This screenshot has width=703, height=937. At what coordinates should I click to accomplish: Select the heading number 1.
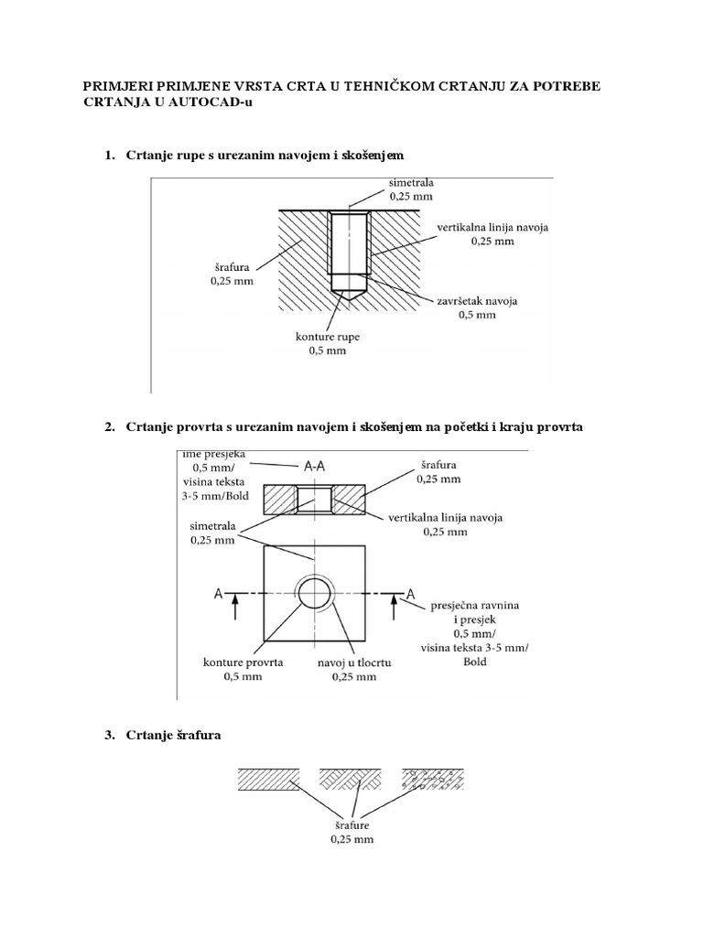110,156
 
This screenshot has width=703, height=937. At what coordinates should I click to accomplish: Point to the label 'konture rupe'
328,337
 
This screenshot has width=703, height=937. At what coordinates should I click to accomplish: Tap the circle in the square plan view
314,595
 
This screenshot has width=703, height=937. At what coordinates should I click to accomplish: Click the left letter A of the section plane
219,594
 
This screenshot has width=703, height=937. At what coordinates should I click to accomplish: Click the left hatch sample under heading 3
269,779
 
